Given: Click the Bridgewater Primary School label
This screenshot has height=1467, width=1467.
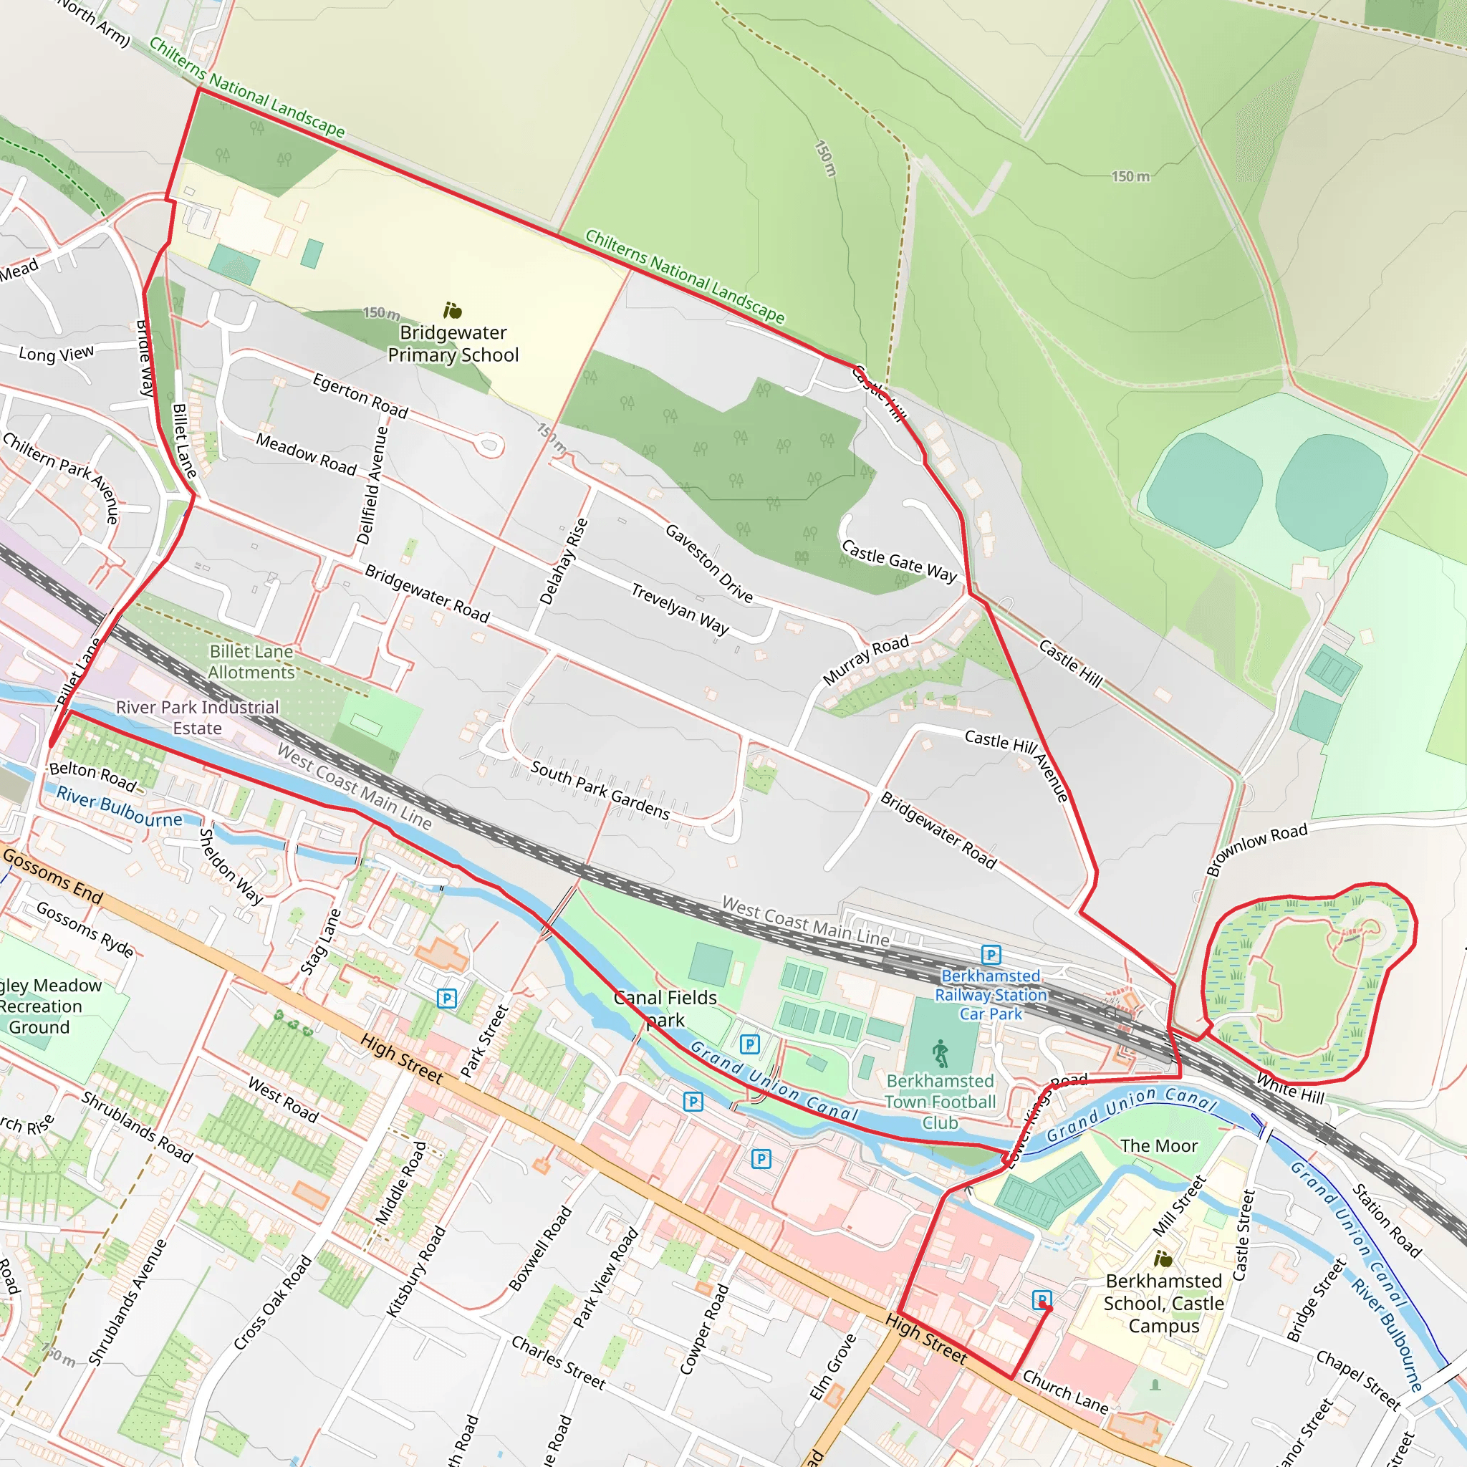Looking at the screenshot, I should [453, 344].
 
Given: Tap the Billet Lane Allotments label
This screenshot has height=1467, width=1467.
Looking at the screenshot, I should [251, 662].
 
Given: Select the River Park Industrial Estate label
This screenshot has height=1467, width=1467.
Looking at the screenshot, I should [198, 718].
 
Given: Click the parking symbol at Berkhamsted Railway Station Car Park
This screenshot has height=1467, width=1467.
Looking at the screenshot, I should [991, 954].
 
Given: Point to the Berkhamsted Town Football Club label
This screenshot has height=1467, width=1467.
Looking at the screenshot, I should [940, 1102].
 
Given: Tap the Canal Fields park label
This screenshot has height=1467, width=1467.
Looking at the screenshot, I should [665, 1009].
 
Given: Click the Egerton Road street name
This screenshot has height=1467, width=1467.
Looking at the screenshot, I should [361, 395].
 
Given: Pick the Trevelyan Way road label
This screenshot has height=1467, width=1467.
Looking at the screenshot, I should [680, 608].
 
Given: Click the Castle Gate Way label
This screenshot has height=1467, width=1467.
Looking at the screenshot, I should [900, 561].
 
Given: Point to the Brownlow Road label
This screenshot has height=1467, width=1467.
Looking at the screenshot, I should [1257, 848].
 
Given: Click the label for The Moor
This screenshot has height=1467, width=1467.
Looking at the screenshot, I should [1159, 1146].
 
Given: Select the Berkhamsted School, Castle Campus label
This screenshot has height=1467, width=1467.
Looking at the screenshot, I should [1163, 1303].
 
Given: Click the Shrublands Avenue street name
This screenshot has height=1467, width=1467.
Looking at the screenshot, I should [127, 1303].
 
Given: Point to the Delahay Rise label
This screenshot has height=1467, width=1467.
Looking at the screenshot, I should [564, 561].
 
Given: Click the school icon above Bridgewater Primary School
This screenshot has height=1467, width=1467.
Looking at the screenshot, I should [453, 311].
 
